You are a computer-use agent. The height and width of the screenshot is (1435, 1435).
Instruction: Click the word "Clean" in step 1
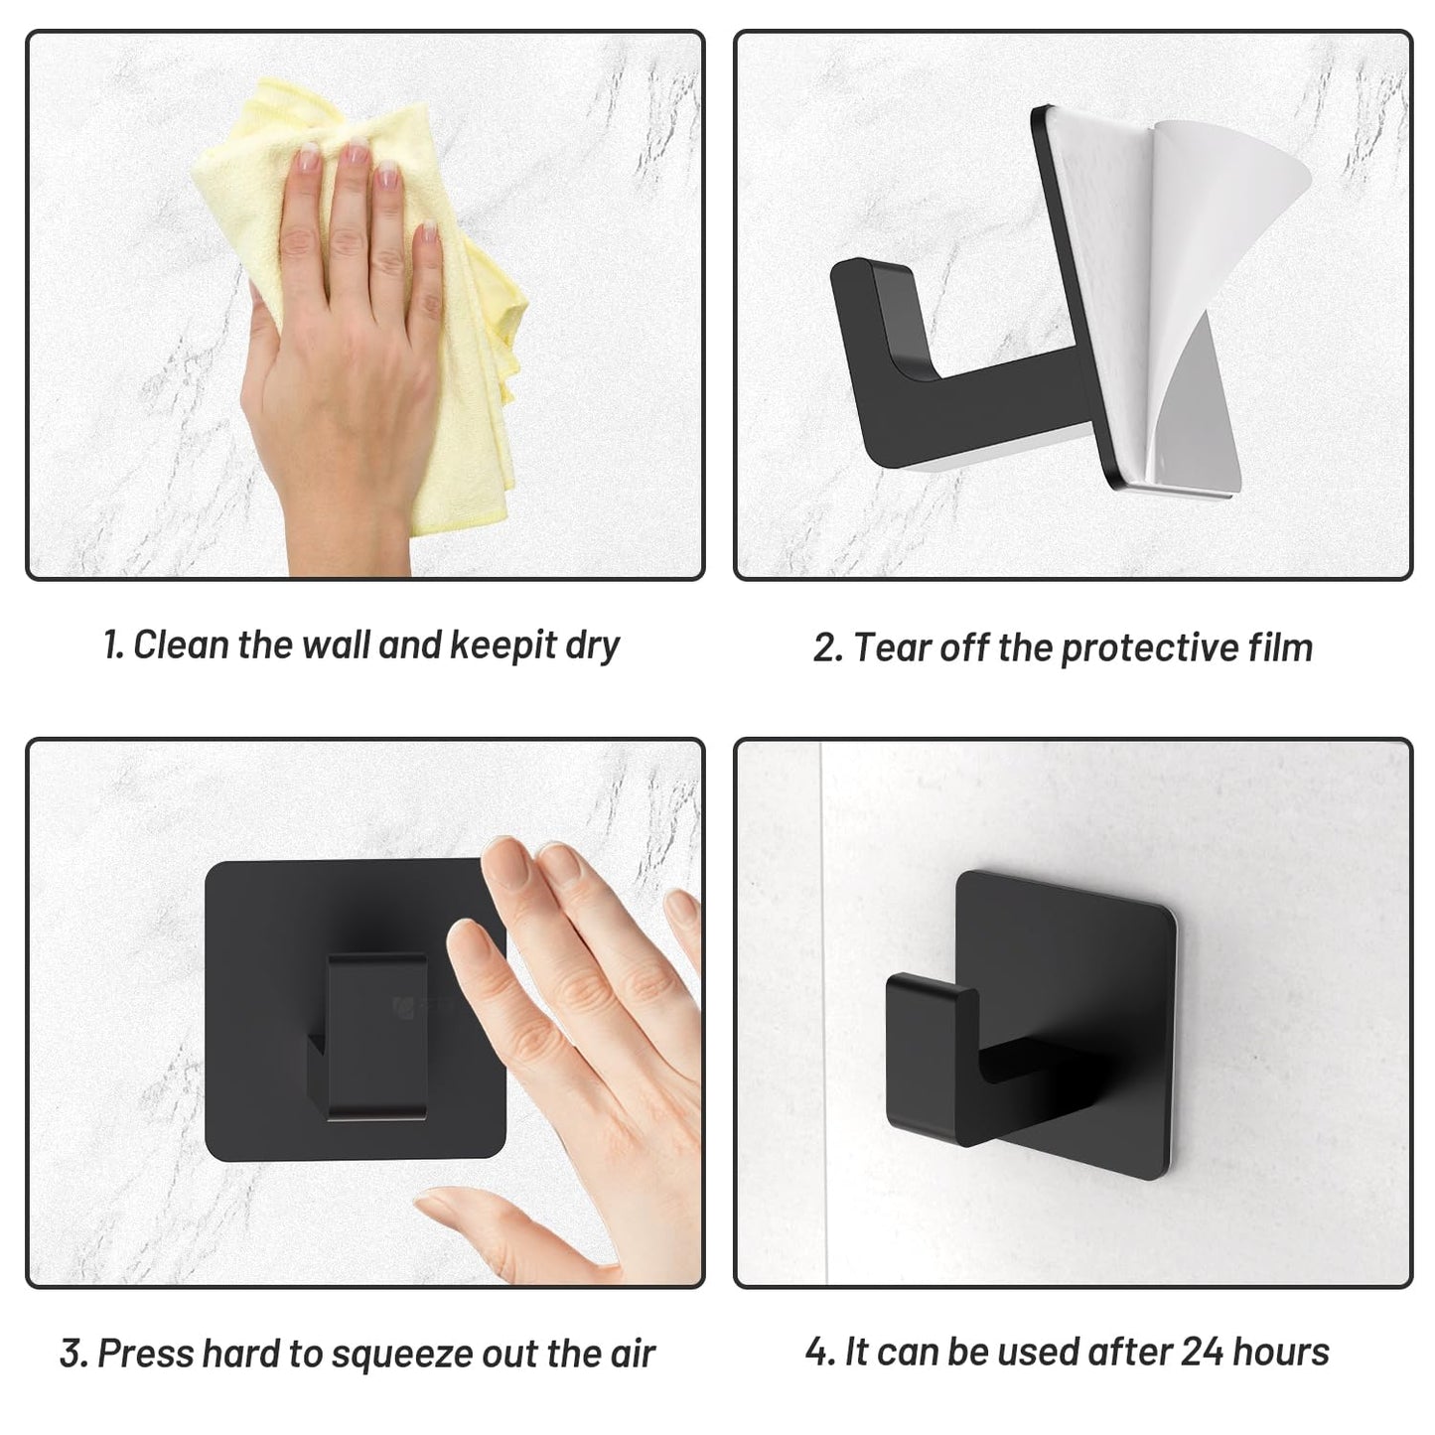[182, 645]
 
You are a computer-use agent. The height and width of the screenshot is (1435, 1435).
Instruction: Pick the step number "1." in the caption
[114, 645]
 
